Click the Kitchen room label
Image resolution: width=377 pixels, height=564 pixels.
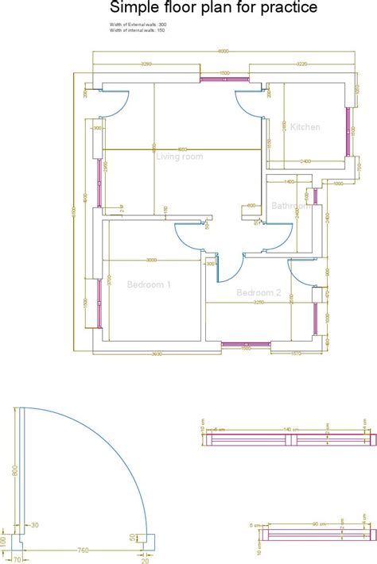click(x=305, y=127)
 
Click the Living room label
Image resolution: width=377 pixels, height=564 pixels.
click(x=179, y=156)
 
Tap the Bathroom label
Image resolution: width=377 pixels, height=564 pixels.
click(x=292, y=206)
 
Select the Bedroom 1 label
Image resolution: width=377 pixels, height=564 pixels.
click(x=149, y=284)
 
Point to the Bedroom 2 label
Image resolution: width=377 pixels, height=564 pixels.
click(x=258, y=292)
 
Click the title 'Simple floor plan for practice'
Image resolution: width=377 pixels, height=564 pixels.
click(x=214, y=9)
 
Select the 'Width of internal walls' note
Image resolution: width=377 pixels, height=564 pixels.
click(x=138, y=30)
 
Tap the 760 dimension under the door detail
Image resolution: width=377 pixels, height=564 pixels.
click(x=82, y=549)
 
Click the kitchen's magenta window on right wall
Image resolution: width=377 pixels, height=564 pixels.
click(x=350, y=130)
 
